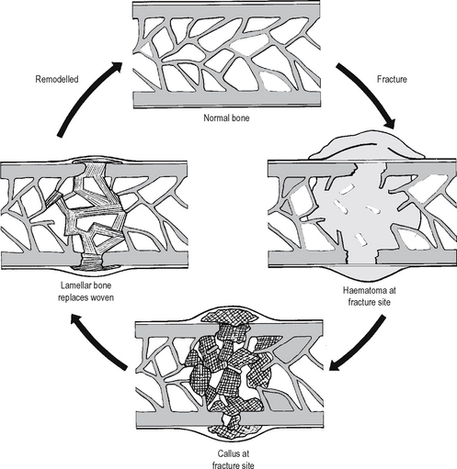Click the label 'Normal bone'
pyautogui.click(x=226, y=117)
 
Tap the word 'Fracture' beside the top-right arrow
pyautogui.click(x=392, y=79)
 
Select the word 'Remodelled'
pyautogui.click(x=57, y=79)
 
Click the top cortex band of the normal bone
pyautogui.click(x=226, y=10)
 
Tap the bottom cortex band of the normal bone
pyautogui.click(x=226, y=99)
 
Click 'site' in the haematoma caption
pyautogui.click(x=384, y=302)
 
